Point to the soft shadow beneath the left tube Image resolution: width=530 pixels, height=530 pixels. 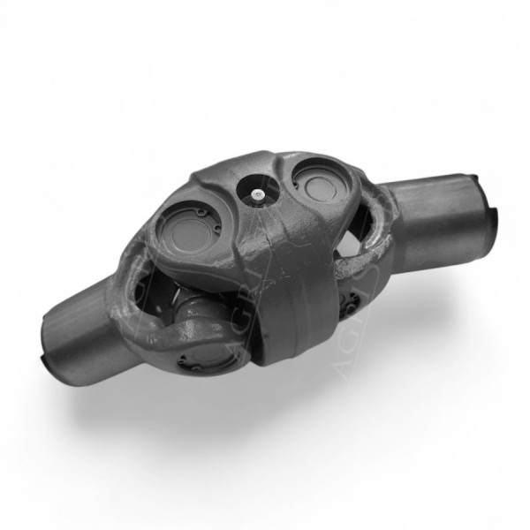[x=115, y=389]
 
